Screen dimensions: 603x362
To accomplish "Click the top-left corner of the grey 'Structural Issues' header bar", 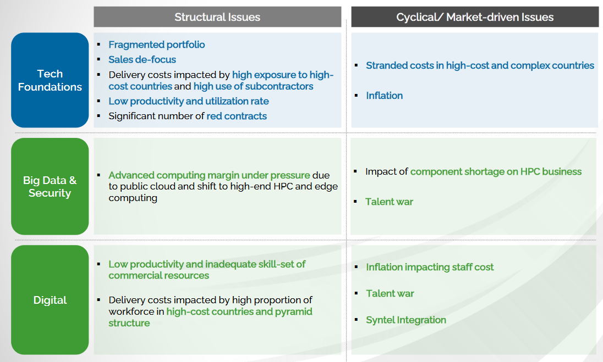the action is [x=94, y=7].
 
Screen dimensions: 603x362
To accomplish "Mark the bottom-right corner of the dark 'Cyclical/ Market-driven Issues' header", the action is [x=599, y=27].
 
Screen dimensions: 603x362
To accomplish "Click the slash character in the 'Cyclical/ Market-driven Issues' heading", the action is [x=441, y=17].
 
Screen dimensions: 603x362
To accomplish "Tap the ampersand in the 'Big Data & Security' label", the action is [x=73, y=180].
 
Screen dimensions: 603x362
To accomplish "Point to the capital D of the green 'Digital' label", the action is [x=37, y=300].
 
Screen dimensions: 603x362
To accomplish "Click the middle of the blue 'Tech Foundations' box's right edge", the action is [x=89, y=80].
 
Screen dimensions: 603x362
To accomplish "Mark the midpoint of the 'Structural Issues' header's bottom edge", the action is [x=217, y=27].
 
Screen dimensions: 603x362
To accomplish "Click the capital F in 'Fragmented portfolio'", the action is [x=112, y=44].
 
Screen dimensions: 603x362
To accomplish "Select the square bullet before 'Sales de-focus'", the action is [x=99, y=59].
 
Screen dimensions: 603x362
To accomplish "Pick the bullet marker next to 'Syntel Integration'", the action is [x=357, y=320].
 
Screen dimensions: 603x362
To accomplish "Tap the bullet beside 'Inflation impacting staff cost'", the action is [x=357, y=267].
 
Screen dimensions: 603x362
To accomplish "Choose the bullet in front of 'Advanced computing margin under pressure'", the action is [x=99, y=175].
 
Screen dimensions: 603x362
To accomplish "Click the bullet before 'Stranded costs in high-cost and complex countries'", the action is [x=357, y=65].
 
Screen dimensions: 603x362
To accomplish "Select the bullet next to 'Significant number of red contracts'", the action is [x=99, y=116].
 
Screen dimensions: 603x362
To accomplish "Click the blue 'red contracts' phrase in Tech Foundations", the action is [x=237, y=116].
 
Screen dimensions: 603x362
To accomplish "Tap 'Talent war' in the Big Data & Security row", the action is [x=389, y=202].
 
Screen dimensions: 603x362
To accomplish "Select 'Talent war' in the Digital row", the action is [x=390, y=294].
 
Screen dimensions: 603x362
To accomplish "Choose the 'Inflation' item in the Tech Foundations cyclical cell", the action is [x=385, y=96].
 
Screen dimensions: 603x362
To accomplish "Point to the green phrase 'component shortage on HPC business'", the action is [x=496, y=171].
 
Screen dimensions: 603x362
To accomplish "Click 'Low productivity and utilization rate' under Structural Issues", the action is [x=189, y=101].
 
